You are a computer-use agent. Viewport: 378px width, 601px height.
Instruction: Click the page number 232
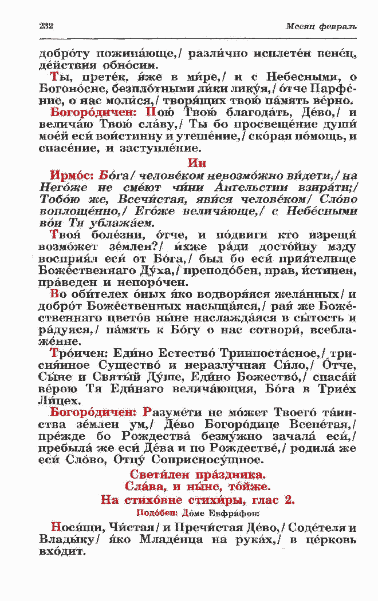(46, 26)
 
